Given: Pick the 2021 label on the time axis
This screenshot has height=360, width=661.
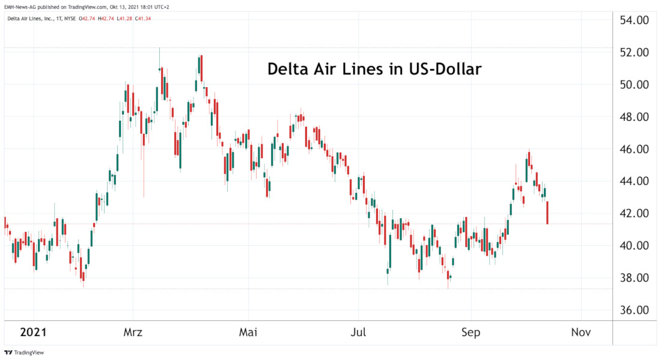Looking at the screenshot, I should [34, 332].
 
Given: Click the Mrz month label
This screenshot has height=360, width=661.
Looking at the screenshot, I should [133, 332].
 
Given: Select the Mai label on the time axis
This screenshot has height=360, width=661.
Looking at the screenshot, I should [248, 332].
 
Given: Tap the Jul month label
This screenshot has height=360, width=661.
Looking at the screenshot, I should [358, 332].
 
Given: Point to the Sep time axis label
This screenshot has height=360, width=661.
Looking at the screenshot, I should [471, 332].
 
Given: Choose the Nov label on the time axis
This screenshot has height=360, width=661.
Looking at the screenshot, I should [581, 332].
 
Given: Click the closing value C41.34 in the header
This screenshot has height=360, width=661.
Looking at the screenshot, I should [143, 19].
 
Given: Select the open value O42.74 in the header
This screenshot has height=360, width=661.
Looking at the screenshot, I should [89, 19].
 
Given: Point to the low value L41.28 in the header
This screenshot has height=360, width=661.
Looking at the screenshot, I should [125, 19].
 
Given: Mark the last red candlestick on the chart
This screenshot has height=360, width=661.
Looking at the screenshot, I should [547, 213].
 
